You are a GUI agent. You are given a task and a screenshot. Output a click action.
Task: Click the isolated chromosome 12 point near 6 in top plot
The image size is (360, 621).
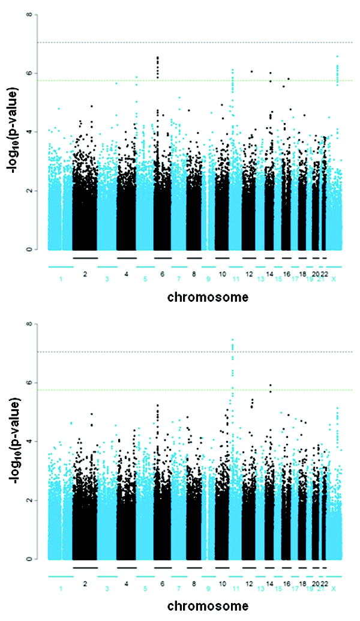(x=252, y=71)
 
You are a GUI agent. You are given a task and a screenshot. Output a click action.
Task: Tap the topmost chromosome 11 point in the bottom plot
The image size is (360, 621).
(x=232, y=340)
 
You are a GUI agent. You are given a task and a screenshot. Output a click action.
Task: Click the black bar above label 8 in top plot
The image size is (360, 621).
(x=194, y=257)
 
